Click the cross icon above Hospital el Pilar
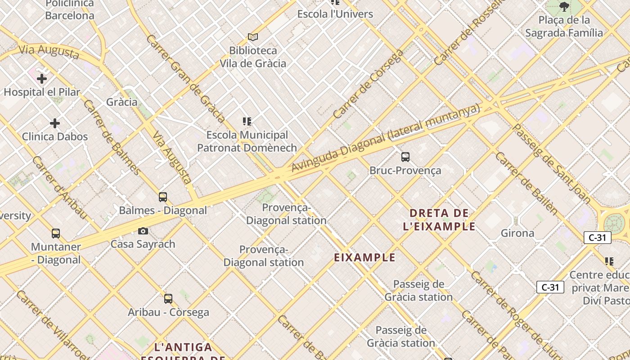tap(42, 79)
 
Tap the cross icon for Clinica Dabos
tap(55, 123)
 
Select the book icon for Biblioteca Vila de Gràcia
tap(253, 37)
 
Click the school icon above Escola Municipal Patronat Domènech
tap(247, 121)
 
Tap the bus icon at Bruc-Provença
tap(405, 157)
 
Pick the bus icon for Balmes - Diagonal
tap(163, 197)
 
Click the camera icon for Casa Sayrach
tap(143, 231)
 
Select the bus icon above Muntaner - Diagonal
tap(56, 234)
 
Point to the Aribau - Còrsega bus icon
tap(168, 298)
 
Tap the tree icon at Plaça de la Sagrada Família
tap(564, 7)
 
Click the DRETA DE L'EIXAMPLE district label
tap(439, 220)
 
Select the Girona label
tap(517, 233)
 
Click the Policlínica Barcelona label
tap(70, 10)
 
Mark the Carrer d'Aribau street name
tap(59, 188)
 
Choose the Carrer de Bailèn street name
tap(526, 183)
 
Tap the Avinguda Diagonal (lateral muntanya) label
tap(386, 138)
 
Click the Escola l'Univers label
tap(335, 14)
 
